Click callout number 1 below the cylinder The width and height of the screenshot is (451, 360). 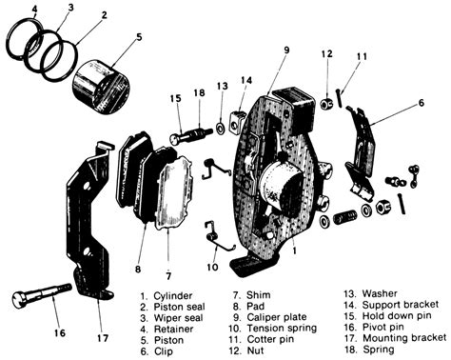295,250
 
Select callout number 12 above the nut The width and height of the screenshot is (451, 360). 326,53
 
